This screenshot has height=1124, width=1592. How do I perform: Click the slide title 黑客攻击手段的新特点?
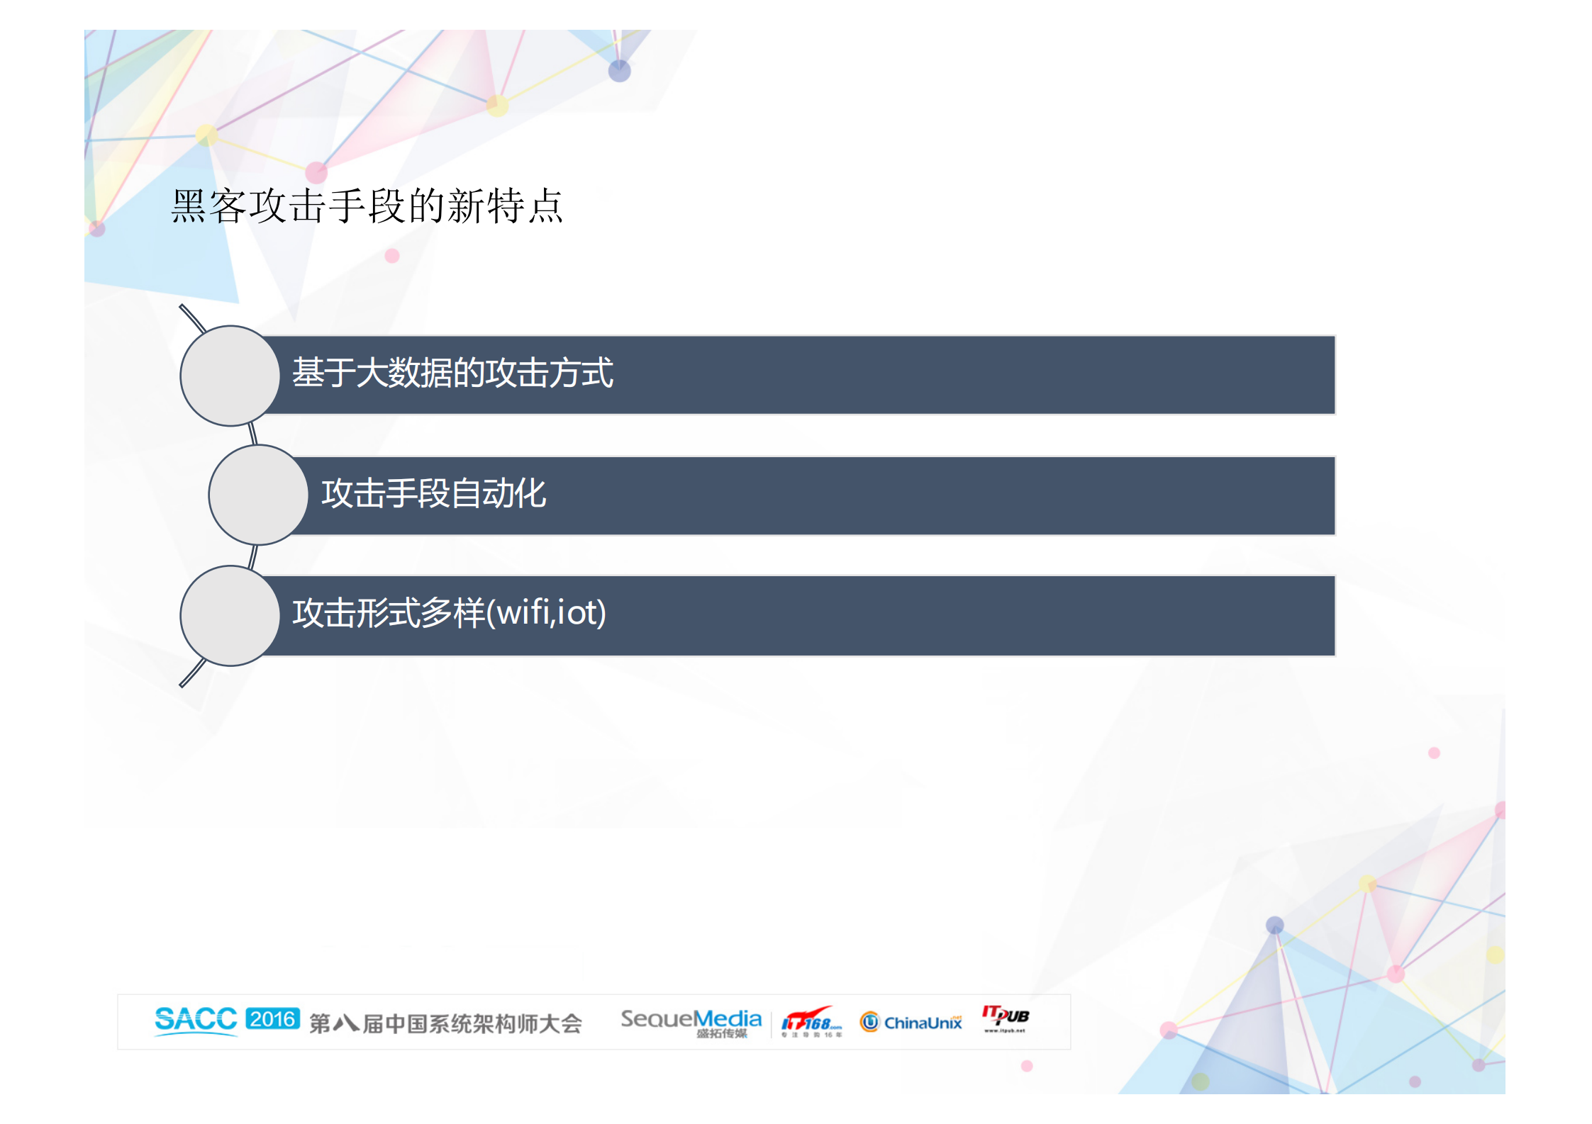[x=367, y=206]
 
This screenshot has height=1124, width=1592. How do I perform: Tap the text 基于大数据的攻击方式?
[x=452, y=373]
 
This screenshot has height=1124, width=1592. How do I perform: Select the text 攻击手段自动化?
[x=433, y=493]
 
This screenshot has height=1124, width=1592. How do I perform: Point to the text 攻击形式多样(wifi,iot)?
[x=449, y=612]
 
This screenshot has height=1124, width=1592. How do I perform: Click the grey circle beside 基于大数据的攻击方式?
[x=230, y=376]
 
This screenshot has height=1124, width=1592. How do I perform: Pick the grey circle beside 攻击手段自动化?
[x=258, y=495]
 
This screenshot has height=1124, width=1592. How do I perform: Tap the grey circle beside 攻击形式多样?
[x=230, y=615]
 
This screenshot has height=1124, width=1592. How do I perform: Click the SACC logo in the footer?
[x=196, y=1020]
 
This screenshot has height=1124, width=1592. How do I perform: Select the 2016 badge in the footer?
[x=272, y=1019]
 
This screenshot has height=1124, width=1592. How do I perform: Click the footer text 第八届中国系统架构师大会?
[x=445, y=1023]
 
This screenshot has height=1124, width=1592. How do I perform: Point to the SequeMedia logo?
[x=691, y=1021]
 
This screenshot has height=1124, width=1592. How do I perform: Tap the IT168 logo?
[x=811, y=1022]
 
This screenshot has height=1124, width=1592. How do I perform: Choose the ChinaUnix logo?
[x=912, y=1022]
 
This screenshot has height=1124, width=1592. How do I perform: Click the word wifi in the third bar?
[x=523, y=612]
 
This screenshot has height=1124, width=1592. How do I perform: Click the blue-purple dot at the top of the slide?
[x=619, y=71]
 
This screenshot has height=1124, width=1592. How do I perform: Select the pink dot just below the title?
[x=392, y=256]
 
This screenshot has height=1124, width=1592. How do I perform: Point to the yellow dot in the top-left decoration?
[x=206, y=134]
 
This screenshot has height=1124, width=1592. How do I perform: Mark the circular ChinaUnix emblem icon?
[x=869, y=1022]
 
